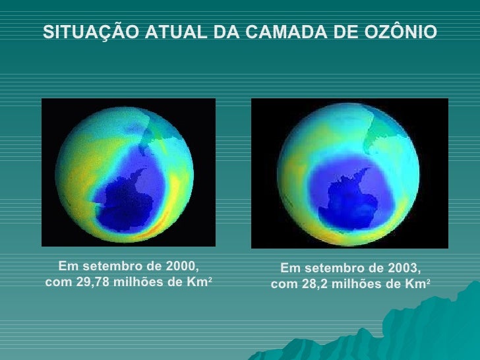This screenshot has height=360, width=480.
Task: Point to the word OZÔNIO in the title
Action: tap(403, 32)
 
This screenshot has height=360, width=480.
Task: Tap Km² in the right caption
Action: tap(418, 285)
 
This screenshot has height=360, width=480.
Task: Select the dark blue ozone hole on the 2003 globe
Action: tap(347, 191)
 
